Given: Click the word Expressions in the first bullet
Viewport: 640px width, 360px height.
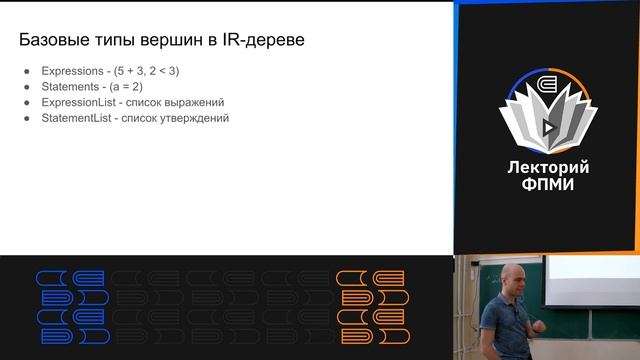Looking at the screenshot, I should pyautogui.click(x=70, y=71).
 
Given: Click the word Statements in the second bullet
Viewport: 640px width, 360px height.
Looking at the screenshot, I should pyautogui.click(x=68, y=86).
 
